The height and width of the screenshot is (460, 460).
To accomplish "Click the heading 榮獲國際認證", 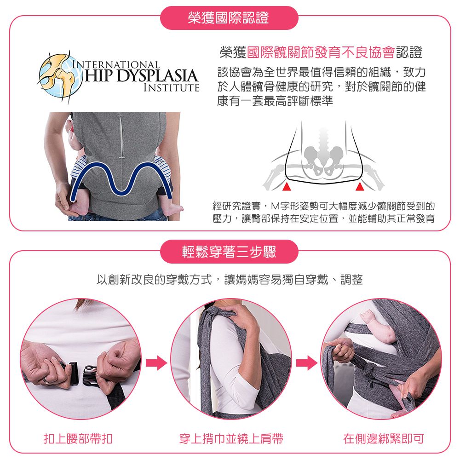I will point(229,18).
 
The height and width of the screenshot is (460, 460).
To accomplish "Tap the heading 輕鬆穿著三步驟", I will point(229,252).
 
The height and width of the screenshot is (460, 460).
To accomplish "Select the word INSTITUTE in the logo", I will point(171,87).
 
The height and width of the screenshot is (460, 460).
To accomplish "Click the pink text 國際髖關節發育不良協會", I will point(321,53).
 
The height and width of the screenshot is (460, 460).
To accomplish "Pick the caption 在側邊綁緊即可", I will point(384,439).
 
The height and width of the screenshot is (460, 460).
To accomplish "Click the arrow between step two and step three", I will point(306,363).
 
